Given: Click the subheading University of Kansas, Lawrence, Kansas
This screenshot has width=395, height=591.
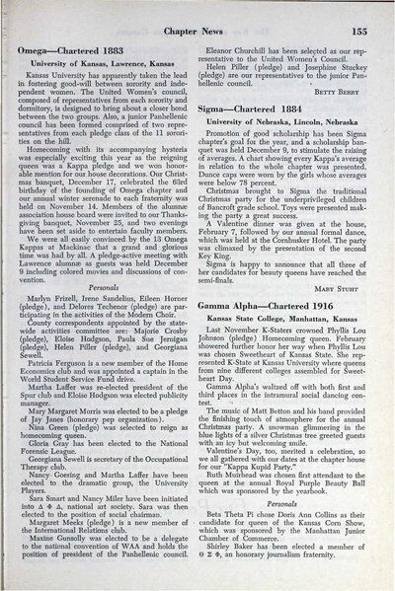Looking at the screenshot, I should click(x=106, y=62).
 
